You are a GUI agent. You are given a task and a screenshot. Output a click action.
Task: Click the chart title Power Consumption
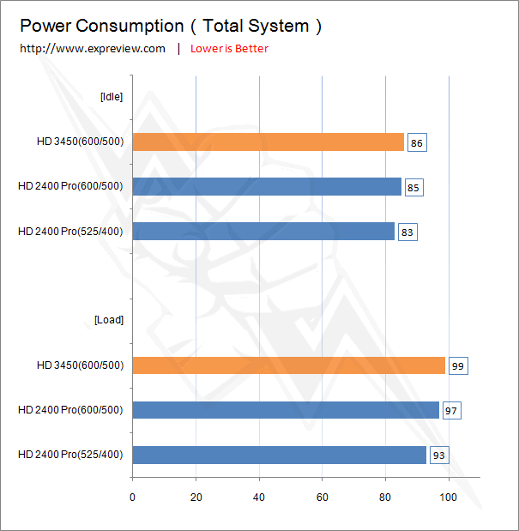point(171,26)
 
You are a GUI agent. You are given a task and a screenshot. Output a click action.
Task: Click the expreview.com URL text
point(93,49)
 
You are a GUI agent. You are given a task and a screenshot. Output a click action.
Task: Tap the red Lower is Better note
point(229,49)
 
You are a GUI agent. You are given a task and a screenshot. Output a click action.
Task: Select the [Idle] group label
point(112,97)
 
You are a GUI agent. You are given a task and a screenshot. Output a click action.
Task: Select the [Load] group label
point(109,320)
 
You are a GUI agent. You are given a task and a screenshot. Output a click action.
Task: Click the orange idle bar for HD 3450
point(268,142)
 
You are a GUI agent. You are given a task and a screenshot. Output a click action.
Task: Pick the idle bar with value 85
point(267,187)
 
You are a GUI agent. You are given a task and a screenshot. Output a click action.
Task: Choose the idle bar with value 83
point(263,232)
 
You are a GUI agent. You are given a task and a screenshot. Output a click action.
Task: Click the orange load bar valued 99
point(288,365)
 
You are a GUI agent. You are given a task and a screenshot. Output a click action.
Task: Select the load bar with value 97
point(286,410)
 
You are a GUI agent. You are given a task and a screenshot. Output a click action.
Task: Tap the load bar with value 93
point(279,455)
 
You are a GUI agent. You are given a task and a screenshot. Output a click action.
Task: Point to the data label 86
point(416,143)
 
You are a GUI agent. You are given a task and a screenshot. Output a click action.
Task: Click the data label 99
point(457,366)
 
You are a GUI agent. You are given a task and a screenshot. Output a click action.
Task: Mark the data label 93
point(438,456)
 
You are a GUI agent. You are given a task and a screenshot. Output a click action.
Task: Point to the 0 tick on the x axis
point(132,497)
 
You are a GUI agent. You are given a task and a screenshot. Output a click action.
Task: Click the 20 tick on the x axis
point(196,497)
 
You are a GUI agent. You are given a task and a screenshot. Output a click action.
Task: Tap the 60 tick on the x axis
point(322,497)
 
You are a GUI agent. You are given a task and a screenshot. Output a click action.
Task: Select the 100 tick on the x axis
point(448,497)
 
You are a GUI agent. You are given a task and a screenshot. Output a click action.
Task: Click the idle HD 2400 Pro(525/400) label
point(70,232)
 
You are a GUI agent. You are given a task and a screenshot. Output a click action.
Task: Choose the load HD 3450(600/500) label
point(80,365)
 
